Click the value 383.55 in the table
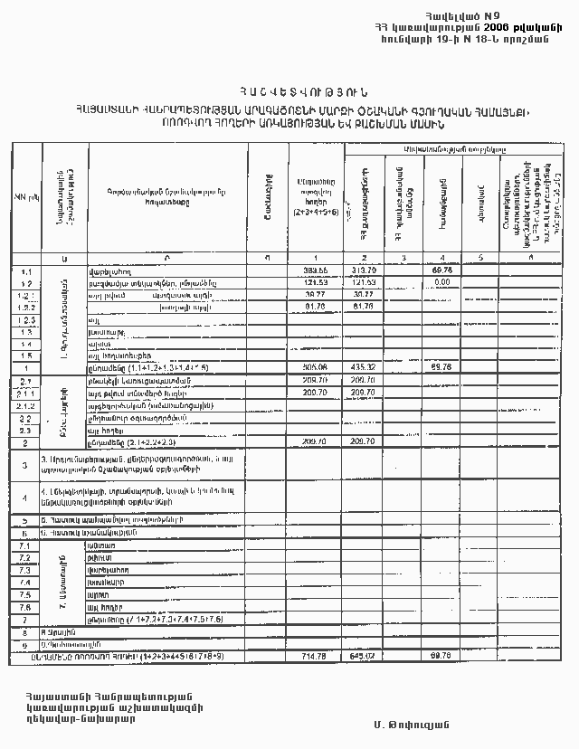point(315,270)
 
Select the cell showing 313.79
point(364,270)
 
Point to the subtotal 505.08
point(315,368)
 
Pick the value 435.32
point(364,368)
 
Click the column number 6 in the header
point(530,258)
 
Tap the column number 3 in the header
point(403,258)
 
